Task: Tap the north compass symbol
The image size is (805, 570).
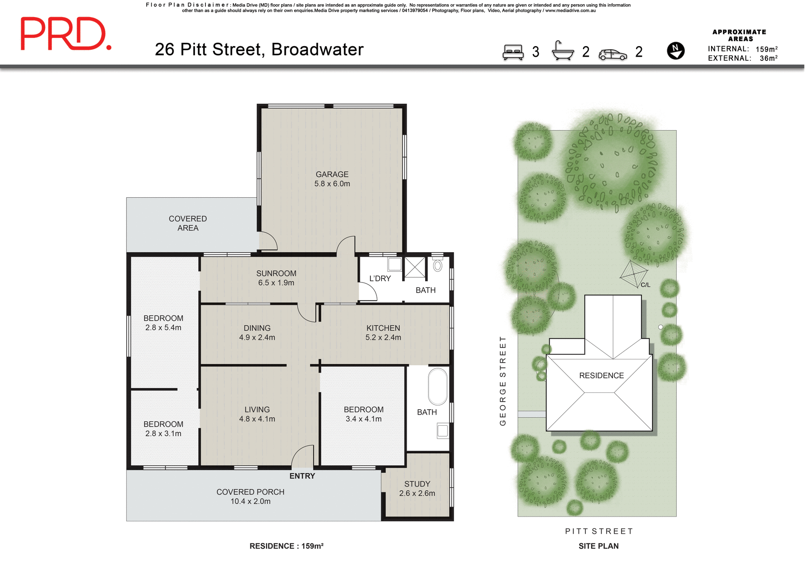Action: click(x=675, y=51)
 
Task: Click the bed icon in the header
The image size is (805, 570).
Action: click(x=513, y=52)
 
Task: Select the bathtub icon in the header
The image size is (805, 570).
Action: click(x=563, y=51)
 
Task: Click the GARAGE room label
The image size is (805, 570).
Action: click(x=332, y=179)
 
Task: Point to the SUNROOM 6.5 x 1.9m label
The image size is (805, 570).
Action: click(x=276, y=278)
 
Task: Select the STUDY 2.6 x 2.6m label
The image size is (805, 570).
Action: click(x=417, y=489)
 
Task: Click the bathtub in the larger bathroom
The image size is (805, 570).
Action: click(x=438, y=386)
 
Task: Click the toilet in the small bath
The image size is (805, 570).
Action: click(x=438, y=266)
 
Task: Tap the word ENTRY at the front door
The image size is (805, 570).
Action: click(x=302, y=476)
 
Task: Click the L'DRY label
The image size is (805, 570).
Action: click(x=380, y=279)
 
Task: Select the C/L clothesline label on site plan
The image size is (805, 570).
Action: click(x=645, y=285)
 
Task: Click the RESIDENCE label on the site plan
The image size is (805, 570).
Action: click(x=601, y=376)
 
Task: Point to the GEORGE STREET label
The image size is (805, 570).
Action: click(x=503, y=381)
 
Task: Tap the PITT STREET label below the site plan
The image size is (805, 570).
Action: click(x=599, y=531)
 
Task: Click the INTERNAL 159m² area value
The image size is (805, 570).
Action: click(x=766, y=49)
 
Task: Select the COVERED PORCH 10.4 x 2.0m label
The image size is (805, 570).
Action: click(x=250, y=497)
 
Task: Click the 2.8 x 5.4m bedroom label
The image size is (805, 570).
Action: click(x=163, y=323)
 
